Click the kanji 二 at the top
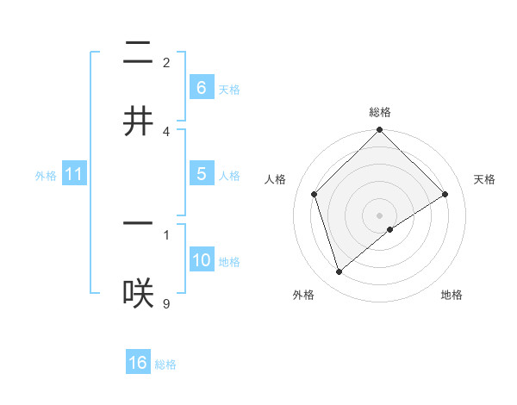(x=138, y=54)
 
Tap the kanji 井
(x=138, y=121)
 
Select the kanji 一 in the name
(x=138, y=223)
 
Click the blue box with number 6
(x=201, y=88)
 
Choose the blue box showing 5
(x=201, y=174)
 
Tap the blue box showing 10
(x=201, y=260)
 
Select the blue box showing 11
(x=74, y=175)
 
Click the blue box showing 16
(x=138, y=363)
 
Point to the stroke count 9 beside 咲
(x=166, y=302)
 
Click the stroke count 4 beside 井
(x=166, y=131)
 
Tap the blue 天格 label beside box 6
(x=229, y=89)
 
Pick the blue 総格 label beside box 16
(x=165, y=364)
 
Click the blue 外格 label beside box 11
(x=46, y=176)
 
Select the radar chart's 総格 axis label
(x=379, y=112)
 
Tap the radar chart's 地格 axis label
(x=452, y=296)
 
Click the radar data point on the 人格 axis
(x=315, y=194)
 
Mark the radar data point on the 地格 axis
(x=390, y=229)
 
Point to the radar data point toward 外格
(x=339, y=271)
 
